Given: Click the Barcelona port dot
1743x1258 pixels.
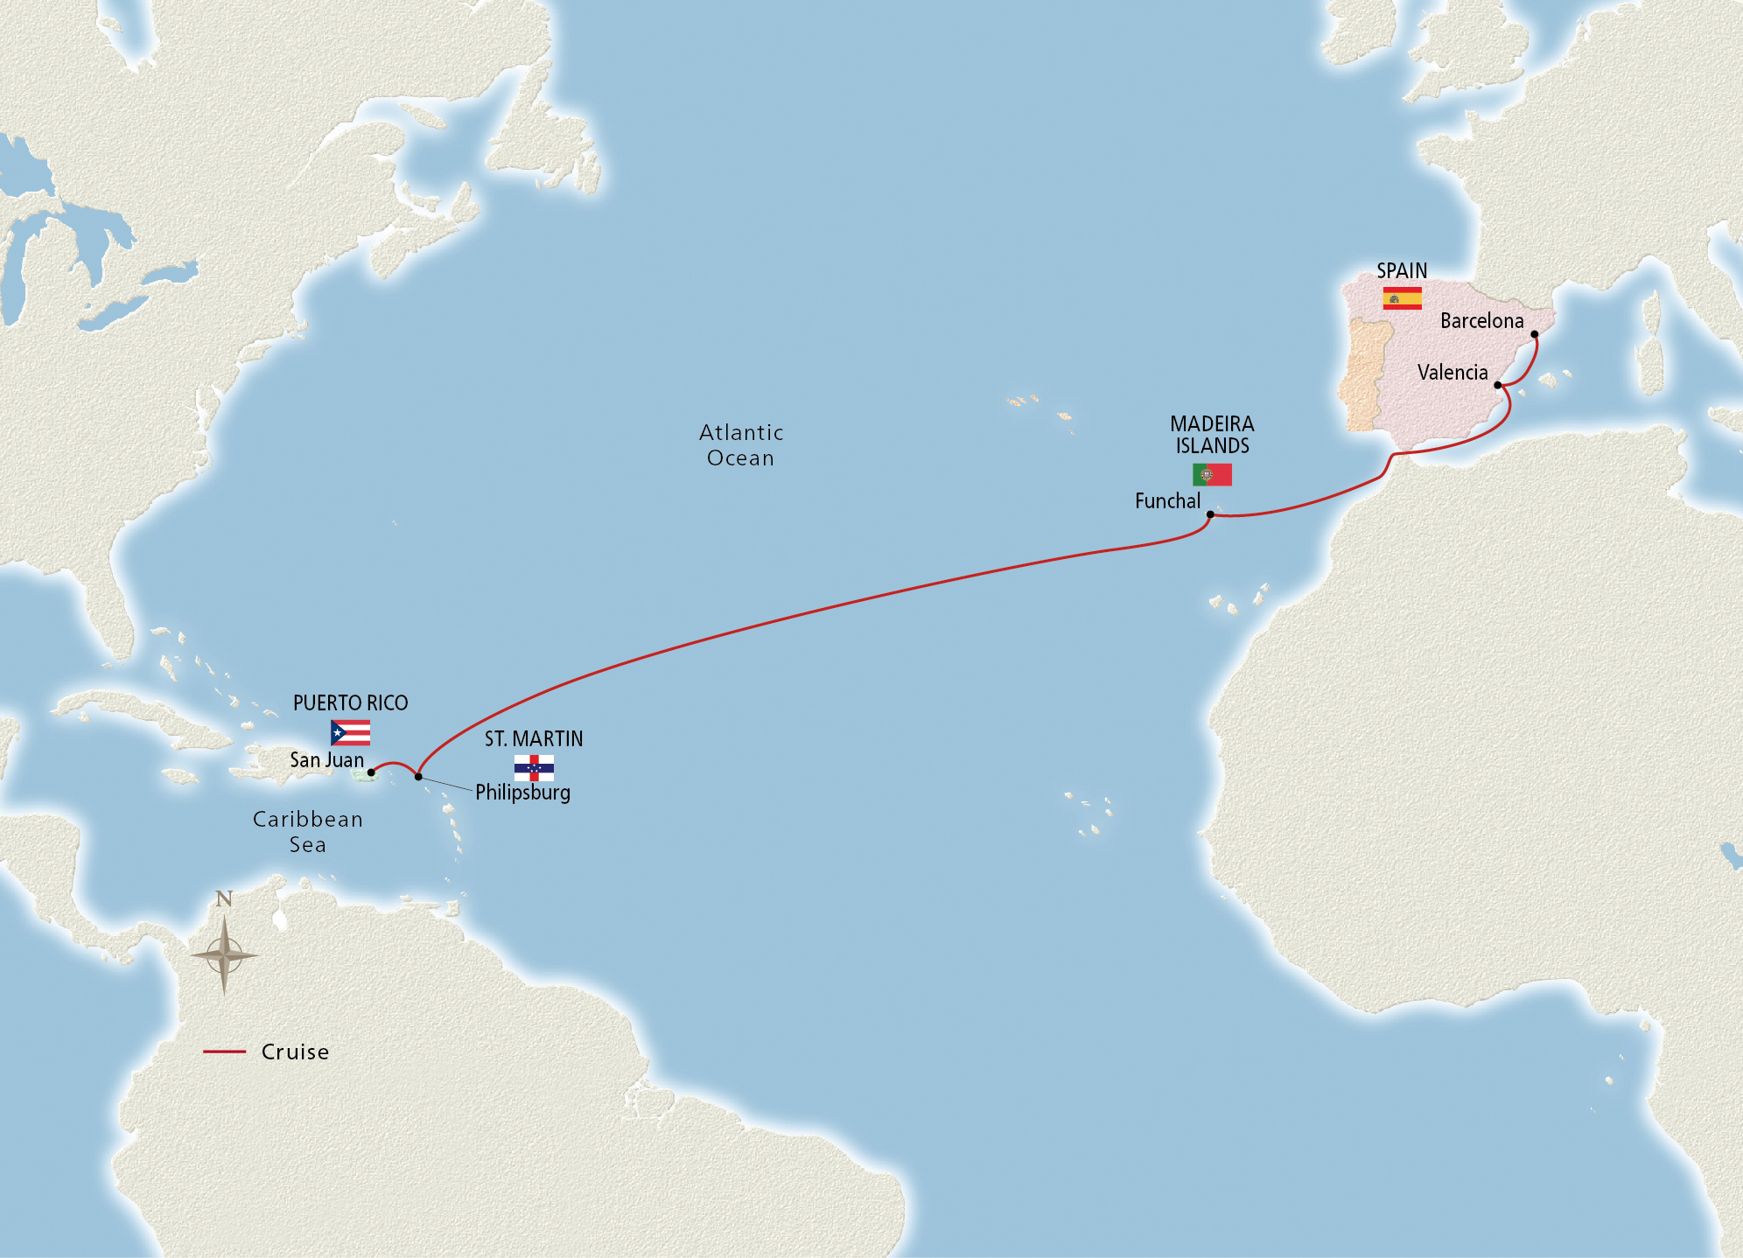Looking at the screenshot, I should click(x=1535, y=334).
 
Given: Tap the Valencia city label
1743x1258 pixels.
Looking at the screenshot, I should click(x=1452, y=373).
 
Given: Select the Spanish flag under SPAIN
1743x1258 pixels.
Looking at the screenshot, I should click(x=1402, y=298).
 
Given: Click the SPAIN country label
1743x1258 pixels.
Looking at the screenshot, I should click(x=1402, y=271).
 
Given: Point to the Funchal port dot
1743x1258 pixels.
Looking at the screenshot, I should click(x=1210, y=514).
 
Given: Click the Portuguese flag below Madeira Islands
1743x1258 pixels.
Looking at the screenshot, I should click(x=1212, y=475).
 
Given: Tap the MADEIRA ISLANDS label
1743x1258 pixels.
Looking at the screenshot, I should click(x=1212, y=435).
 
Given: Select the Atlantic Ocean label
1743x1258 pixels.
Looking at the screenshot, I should click(x=741, y=445).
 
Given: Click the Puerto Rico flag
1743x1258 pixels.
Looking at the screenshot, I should click(x=350, y=732).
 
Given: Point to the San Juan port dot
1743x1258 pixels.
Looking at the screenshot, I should click(x=371, y=772).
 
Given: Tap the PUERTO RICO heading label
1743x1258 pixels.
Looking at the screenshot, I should click(x=350, y=703).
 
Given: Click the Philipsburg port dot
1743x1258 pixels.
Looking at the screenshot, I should click(x=418, y=777).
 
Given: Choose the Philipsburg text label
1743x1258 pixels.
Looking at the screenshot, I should click(x=522, y=793).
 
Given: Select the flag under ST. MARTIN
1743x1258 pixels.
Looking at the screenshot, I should click(x=534, y=768).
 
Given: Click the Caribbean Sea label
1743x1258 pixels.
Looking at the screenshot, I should click(x=307, y=832).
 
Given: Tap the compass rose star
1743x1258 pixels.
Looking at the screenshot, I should click(x=224, y=955).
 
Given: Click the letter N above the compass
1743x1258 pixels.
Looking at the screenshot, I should click(x=224, y=899).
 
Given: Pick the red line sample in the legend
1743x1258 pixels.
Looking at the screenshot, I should click(x=224, y=1052).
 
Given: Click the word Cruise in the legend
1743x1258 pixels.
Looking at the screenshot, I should click(x=295, y=1052).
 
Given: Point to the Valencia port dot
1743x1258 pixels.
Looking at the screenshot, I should click(x=1498, y=385).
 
